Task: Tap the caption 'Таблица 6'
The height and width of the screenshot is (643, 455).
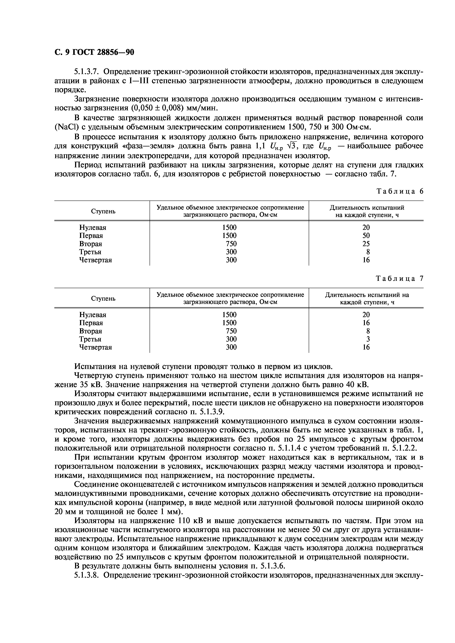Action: [x=400, y=191]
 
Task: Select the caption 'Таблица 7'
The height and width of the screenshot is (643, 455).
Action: [x=400, y=278]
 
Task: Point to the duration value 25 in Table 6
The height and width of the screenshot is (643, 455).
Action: [x=366, y=244]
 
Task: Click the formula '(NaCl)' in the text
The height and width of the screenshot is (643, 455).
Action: [x=67, y=127]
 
